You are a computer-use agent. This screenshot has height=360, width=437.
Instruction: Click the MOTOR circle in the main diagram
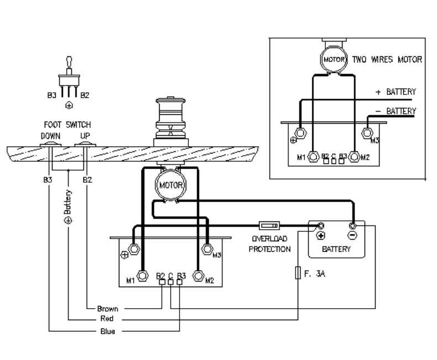click(167, 185)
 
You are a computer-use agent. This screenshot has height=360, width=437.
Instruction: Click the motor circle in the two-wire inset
click(334, 59)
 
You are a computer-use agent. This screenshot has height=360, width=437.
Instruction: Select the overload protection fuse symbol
click(269, 225)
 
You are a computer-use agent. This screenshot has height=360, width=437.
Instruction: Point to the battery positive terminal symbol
click(320, 235)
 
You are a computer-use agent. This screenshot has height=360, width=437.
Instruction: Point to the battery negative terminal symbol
click(352, 235)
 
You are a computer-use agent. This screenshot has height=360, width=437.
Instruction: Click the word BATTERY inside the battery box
click(336, 249)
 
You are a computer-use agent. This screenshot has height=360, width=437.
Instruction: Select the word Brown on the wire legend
click(108, 308)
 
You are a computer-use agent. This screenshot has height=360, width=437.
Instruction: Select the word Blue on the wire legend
click(107, 331)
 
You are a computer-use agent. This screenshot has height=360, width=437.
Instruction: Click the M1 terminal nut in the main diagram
click(142, 276)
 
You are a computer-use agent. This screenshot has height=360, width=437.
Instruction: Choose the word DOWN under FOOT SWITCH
click(50, 135)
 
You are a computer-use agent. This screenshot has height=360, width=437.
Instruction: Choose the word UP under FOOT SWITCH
click(86, 135)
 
